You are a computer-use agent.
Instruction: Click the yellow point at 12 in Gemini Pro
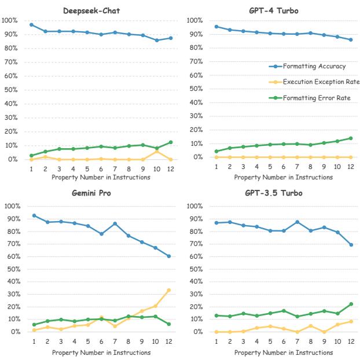tap(170, 291)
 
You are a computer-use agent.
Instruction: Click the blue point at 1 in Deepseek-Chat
tap(31, 25)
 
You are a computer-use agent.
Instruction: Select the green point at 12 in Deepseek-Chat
tap(170, 142)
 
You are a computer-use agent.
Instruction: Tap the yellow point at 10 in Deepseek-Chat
tap(156, 152)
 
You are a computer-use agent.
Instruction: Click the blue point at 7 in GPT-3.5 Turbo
tap(296, 222)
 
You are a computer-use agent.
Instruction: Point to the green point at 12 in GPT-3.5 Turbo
tap(351, 304)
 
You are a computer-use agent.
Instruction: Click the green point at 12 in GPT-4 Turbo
tap(351, 138)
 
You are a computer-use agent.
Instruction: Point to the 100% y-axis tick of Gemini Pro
tap(12, 206)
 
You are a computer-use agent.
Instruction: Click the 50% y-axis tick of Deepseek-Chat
tap(12, 90)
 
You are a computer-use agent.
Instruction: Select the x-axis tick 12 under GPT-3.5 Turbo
tap(351, 341)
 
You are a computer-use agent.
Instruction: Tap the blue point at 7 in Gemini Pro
tap(115, 223)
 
